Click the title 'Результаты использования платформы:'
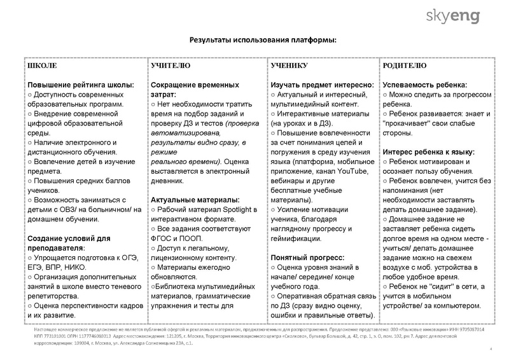(263, 40)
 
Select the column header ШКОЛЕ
(42, 66)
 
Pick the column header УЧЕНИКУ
(289, 66)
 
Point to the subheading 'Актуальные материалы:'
(195, 200)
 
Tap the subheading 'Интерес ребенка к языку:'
(428, 152)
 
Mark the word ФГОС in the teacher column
(164, 239)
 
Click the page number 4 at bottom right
(491, 349)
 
